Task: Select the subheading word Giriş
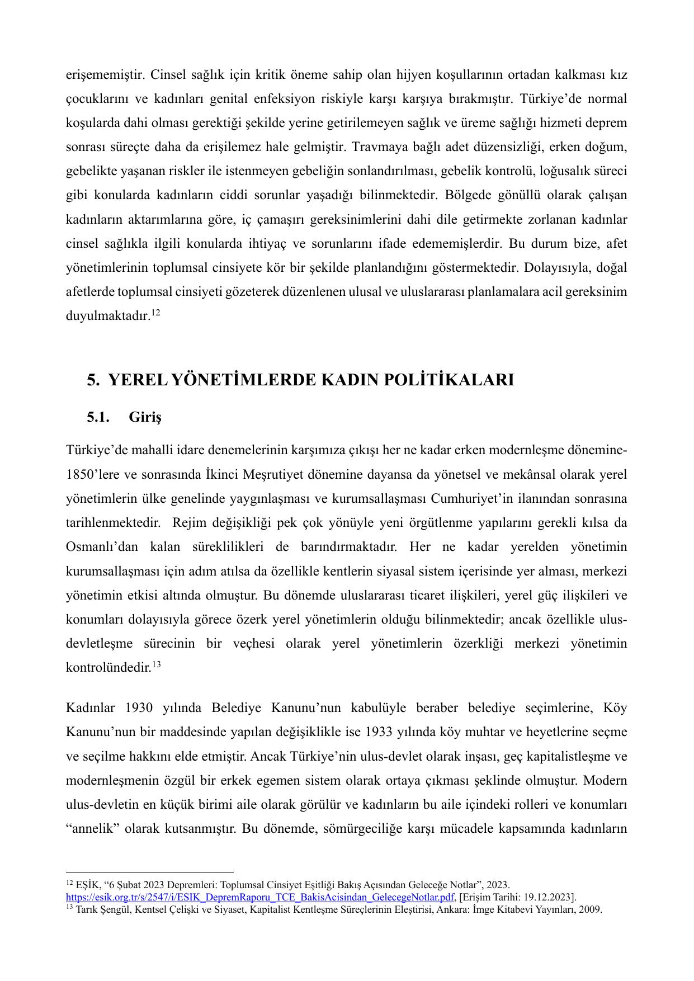145,417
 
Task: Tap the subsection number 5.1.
98,417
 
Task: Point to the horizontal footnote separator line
149,871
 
